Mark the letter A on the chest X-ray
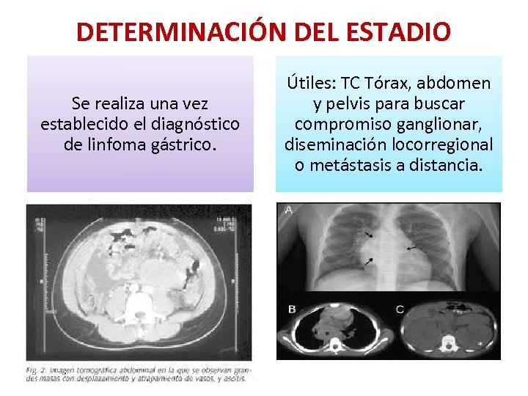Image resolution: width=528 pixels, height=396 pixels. (289, 210)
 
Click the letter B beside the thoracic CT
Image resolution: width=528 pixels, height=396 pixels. (292, 309)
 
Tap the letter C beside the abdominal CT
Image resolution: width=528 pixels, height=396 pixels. (399, 309)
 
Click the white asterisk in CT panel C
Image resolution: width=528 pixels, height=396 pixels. (480, 343)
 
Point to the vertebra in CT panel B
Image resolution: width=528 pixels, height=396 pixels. (337, 340)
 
